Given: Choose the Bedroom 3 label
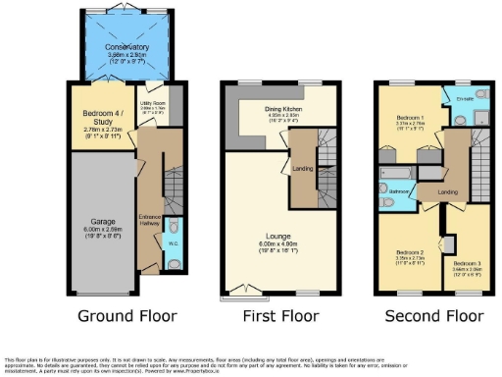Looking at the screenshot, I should pos(467,264).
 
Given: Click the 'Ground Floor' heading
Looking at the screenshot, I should pos(129,316).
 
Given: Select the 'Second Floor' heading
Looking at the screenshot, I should pos(433,316).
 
